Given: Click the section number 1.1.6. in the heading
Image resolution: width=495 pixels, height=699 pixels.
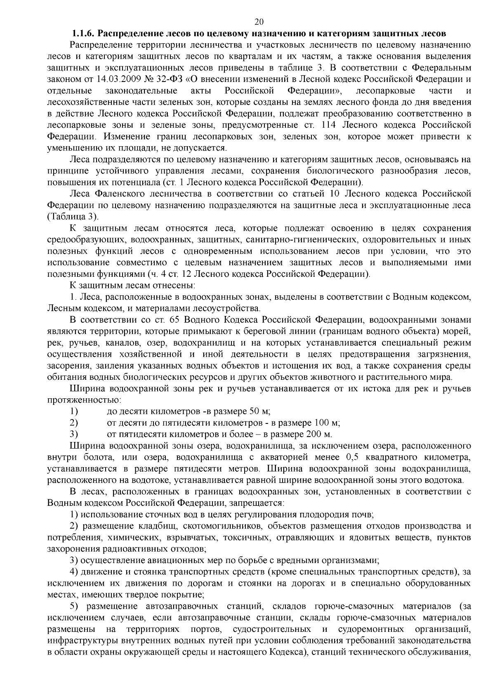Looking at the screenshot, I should point(85,33).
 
